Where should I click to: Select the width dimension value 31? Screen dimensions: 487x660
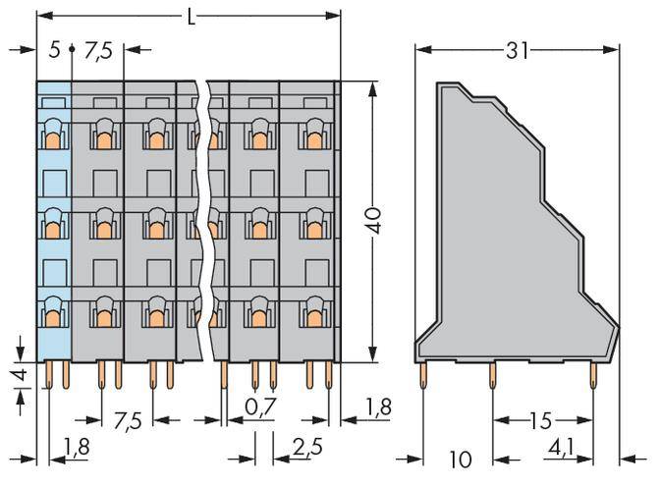[x=516, y=49]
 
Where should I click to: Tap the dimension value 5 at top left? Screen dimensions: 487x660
[x=54, y=49]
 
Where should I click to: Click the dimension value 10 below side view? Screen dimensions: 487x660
[x=456, y=459]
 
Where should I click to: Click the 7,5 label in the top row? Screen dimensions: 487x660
[x=100, y=49]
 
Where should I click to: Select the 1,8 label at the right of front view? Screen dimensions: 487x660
[x=378, y=405]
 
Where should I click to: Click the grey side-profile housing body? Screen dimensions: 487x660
[x=501, y=245]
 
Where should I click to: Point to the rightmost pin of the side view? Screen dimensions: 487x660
[x=592, y=373]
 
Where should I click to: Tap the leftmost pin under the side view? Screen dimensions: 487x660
[x=423, y=373]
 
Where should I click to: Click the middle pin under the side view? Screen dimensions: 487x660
[x=493, y=373]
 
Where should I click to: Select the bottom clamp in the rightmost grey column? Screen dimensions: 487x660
[x=312, y=314]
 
